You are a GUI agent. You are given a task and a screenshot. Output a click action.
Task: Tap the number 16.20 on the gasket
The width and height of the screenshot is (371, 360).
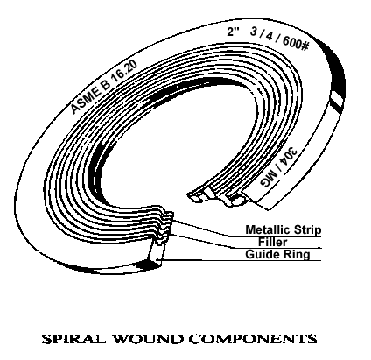click(124, 72)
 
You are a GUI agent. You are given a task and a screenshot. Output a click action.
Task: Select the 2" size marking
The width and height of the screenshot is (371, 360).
click(233, 32)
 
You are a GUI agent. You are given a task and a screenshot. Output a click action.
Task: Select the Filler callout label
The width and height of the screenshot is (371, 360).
click(273, 242)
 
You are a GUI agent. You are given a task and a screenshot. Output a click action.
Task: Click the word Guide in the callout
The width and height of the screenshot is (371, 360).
click(259, 254)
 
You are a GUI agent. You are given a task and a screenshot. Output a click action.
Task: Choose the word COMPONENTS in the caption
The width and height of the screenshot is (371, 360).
click(253, 339)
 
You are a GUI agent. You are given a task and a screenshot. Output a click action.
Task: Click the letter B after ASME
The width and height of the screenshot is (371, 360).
click(105, 84)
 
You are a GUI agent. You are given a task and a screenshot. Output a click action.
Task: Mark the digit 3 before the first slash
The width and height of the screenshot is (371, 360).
click(254, 32)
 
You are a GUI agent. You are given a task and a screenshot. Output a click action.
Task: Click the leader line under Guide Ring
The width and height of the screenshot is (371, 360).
click(239, 260)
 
